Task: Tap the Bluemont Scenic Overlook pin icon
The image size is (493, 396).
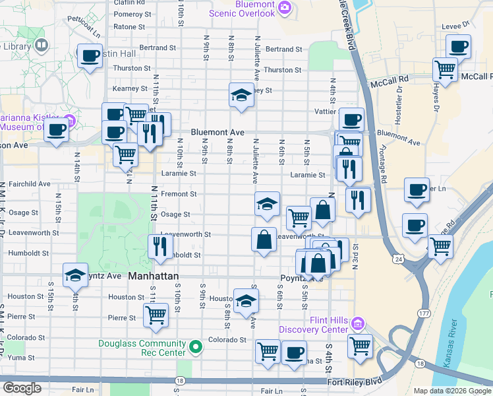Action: coord(285,8)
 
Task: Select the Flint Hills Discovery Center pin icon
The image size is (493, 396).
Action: coord(357,323)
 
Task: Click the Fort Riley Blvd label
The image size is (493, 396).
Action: coord(354,382)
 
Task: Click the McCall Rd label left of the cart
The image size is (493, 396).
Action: coord(390,77)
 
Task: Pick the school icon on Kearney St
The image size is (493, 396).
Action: coord(241,96)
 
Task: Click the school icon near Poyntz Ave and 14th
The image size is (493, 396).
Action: coord(75,275)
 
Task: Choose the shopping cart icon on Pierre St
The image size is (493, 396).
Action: coord(156,315)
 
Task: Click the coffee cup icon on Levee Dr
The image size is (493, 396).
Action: coord(458,46)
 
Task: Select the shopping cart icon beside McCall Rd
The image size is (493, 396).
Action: coord(446,68)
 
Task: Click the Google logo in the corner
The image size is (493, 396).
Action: coord(22,388)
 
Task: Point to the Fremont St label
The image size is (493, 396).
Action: coord(180,194)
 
